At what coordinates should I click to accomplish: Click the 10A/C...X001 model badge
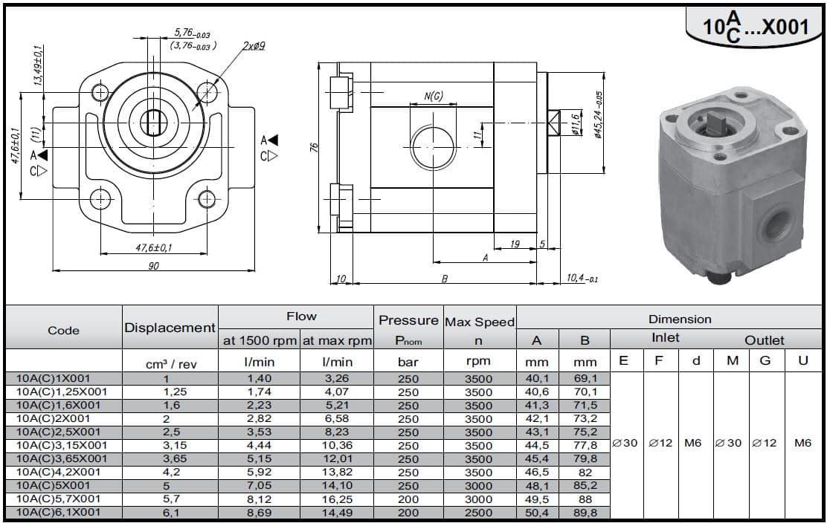pos(756,27)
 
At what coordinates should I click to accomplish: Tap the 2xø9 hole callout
pos(254,46)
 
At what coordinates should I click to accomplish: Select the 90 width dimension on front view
pos(153,266)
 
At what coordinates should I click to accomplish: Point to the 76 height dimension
pos(314,146)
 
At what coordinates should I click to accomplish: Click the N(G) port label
pos(434,96)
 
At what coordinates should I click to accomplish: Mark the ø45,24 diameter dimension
pos(598,114)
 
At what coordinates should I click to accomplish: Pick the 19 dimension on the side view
pos(515,244)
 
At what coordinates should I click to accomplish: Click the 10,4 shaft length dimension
pos(582,278)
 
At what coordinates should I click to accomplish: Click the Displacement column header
pos(170,328)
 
